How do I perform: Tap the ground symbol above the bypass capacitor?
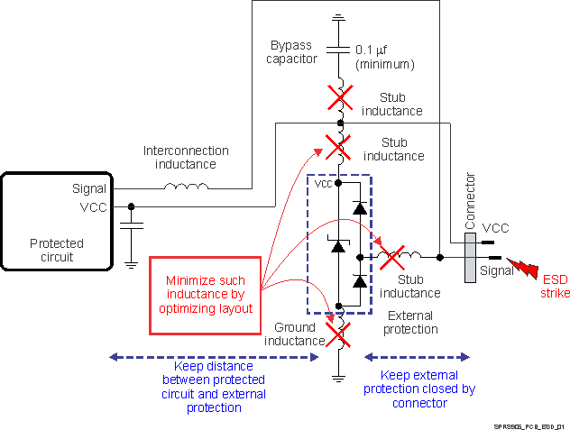tap(339, 18)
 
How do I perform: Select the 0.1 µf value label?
tap(385, 56)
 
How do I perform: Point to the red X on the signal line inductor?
tap(392, 258)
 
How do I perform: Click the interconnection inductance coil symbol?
tap(186, 188)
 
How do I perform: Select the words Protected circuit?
tap(57, 250)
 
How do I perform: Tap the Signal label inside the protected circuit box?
tap(88, 188)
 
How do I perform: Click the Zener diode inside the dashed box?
tap(338, 245)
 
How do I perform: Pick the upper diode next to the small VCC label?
tap(359, 208)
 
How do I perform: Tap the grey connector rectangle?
tap(470, 257)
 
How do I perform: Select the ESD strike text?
tap(555, 286)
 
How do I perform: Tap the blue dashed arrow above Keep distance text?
tap(213, 356)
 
